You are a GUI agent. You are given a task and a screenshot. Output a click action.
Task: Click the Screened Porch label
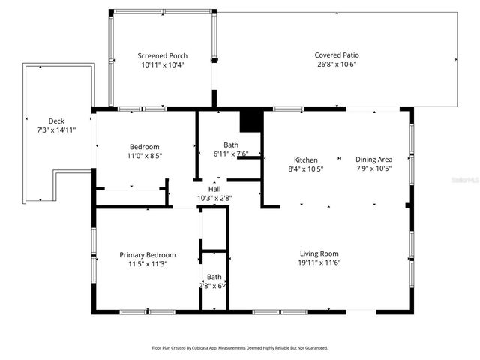click(x=162, y=56)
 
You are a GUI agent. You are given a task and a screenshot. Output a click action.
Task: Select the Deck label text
click(x=56, y=121)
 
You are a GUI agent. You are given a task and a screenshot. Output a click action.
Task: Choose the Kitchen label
click(x=305, y=160)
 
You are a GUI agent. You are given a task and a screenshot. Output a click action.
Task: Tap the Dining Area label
click(x=373, y=160)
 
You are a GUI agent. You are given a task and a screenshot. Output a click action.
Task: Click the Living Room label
click(x=319, y=253)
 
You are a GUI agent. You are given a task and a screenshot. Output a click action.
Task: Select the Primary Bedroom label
click(x=148, y=255)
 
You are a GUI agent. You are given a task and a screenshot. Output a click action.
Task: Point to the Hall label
click(x=214, y=189)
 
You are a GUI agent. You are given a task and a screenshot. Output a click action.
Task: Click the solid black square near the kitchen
click(x=249, y=121)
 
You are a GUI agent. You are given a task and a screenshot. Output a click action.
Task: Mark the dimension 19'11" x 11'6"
click(x=319, y=262)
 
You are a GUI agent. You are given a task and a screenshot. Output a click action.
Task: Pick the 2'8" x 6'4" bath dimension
click(x=214, y=286)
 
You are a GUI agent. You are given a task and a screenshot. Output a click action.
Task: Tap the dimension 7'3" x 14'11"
click(x=56, y=130)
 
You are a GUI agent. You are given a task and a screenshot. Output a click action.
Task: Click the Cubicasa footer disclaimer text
click(x=240, y=348)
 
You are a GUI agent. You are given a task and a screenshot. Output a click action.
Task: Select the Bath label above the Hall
click(x=231, y=145)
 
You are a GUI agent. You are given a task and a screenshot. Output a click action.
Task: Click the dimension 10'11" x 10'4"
click(x=162, y=65)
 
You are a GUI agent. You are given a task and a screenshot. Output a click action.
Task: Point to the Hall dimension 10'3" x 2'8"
click(x=214, y=198)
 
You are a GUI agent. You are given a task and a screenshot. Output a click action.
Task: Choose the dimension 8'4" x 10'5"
click(x=305, y=169)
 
